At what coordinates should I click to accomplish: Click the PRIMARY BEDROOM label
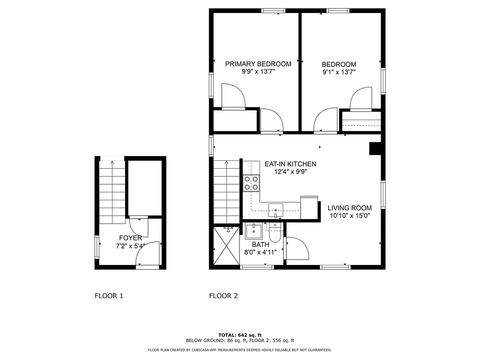coord(258,64)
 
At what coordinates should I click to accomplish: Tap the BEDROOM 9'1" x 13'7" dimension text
coord(338,72)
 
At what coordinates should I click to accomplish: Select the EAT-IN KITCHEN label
coord(290,164)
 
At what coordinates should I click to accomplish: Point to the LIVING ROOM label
coord(349,208)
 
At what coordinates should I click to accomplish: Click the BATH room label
coord(260,244)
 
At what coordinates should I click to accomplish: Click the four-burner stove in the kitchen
coord(251,183)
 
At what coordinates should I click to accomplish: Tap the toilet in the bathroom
coord(276,232)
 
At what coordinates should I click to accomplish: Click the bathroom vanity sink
coord(255,231)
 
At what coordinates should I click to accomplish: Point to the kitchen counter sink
coord(276,211)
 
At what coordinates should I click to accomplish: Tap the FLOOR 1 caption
coord(109,296)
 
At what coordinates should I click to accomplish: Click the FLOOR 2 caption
coord(223,296)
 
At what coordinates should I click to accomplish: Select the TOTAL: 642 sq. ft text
coord(240,335)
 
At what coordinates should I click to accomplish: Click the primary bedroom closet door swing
coord(233,97)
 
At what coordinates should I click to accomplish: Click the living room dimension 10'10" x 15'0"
coord(349,216)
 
